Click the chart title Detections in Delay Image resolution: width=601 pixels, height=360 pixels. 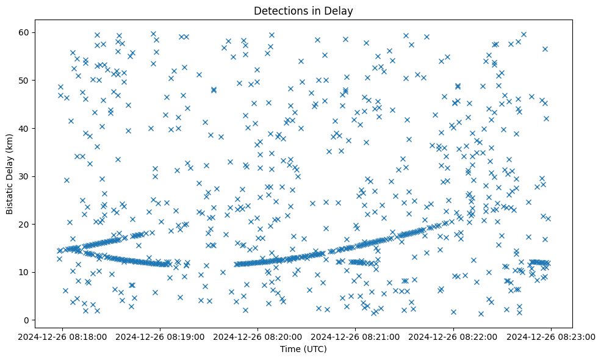point(303,11)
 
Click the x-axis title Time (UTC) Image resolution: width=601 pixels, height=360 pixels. point(303,349)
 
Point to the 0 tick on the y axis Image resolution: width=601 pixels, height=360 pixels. point(27,320)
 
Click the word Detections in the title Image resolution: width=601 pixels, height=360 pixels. point(278,11)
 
